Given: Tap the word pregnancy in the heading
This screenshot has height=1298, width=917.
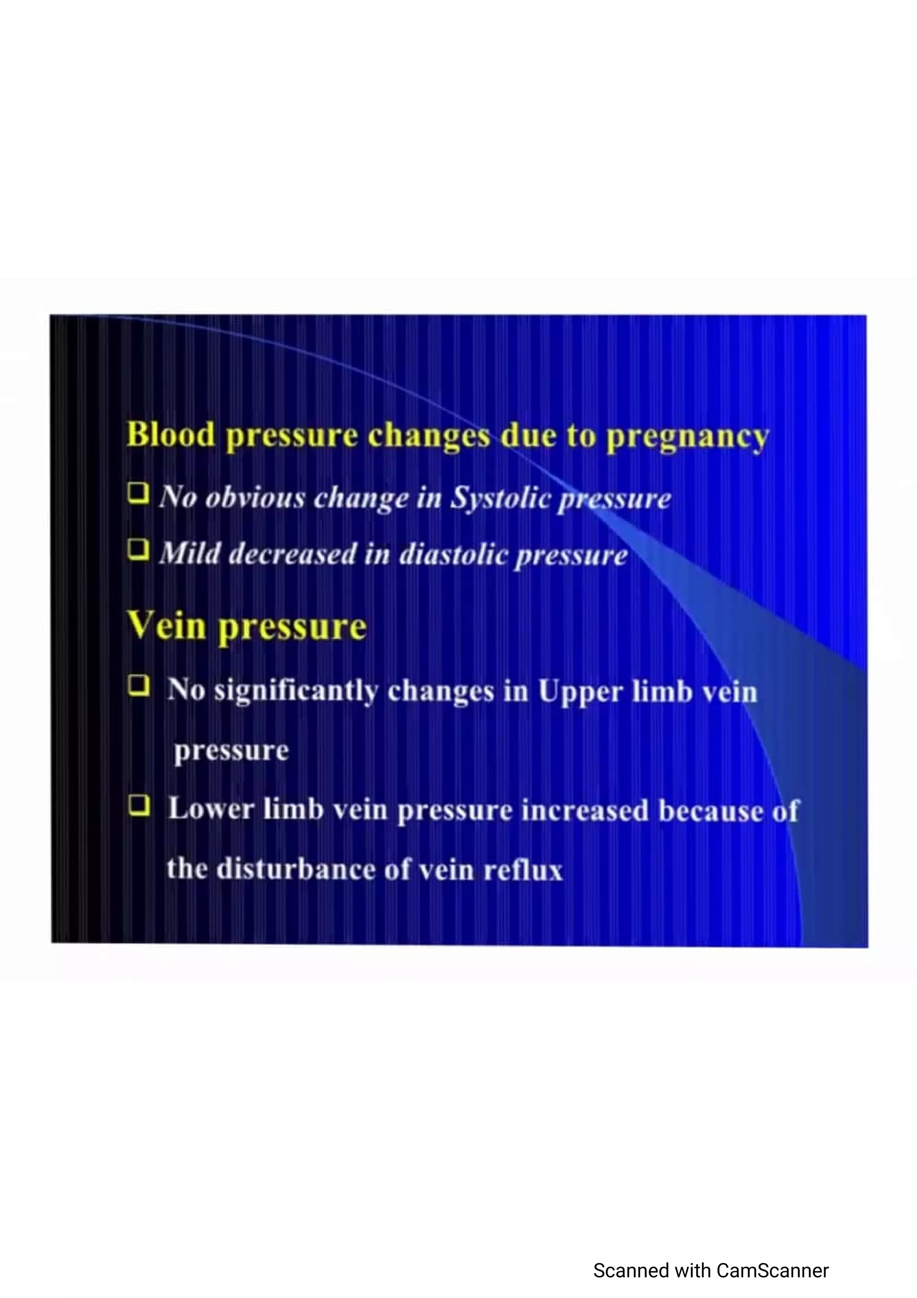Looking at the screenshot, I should pos(688,437).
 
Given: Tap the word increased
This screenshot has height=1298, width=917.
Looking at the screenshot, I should pos(585,811).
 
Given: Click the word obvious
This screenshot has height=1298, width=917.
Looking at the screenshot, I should pos(255,498).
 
